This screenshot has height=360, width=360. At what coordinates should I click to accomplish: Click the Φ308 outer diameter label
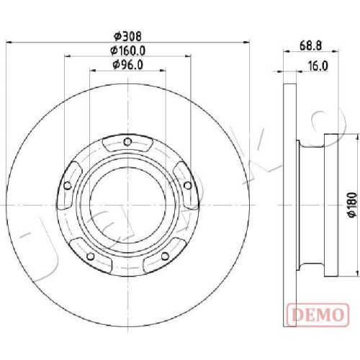[x=127, y=37]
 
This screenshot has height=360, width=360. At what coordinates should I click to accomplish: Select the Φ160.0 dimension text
[x=127, y=50]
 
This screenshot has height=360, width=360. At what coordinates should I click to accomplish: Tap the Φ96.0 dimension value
[x=128, y=65]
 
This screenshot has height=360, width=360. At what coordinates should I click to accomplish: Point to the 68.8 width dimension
[x=310, y=45]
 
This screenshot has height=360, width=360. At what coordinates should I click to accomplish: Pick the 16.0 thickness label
[x=318, y=66]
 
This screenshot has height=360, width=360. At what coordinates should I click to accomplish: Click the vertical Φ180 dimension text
[x=353, y=205]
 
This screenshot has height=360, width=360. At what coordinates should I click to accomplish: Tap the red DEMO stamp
[x=318, y=315]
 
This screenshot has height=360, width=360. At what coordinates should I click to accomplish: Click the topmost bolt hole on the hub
[x=127, y=142]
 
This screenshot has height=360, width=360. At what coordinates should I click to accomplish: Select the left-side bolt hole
[x=68, y=186]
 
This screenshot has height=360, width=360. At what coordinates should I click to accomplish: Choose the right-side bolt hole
[x=187, y=186]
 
